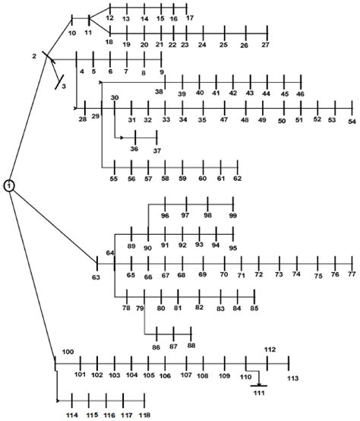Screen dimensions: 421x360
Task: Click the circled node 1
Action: (9, 185)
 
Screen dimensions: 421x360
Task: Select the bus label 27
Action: (265, 46)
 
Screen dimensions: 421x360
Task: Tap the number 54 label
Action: (352, 121)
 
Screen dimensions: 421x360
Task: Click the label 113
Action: (292, 378)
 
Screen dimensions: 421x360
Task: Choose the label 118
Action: (144, 415)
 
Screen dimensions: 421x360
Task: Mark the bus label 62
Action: (237, 179)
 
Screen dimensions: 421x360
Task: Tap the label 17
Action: (189, 17)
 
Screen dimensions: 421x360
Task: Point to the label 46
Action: (301, 93)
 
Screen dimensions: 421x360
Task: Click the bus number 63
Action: (96, 278)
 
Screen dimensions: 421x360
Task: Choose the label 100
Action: (68, 351)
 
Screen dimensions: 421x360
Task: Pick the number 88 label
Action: (191, 346)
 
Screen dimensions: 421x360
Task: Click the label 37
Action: (157, 150)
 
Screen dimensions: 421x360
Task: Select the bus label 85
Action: (254, 308)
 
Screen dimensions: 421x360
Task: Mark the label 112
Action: (270, 350)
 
